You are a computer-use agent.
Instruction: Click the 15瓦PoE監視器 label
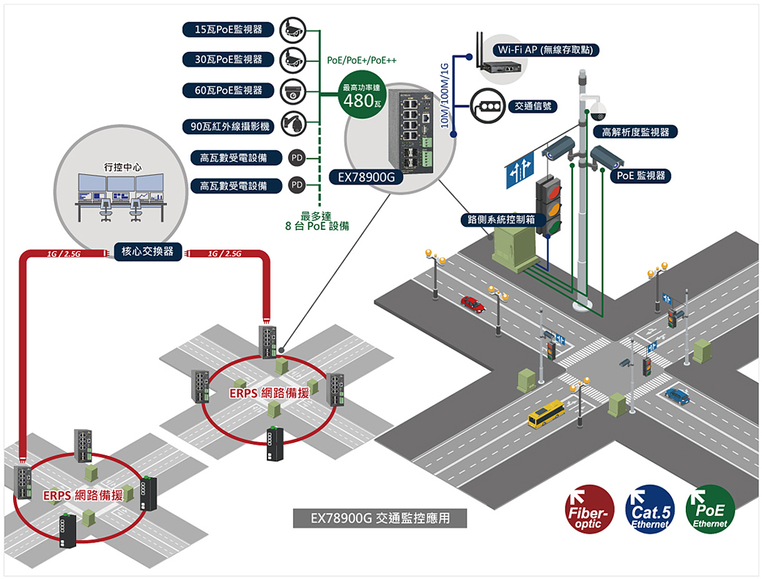228,29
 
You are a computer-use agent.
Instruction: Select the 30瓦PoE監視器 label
228,59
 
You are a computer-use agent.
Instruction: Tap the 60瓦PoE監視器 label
228,90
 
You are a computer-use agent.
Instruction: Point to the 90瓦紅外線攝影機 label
228,127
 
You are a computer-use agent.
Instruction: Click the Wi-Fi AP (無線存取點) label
547,50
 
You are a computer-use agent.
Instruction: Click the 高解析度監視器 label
635,132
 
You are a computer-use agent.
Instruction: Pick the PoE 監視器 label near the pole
640,176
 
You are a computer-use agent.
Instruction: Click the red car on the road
473,303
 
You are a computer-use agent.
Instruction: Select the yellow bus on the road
547,414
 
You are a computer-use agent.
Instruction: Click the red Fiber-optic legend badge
588,508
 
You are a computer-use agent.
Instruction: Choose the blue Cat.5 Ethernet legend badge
649,508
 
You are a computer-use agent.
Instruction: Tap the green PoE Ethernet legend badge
709,508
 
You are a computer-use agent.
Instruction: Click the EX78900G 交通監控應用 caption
379,518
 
